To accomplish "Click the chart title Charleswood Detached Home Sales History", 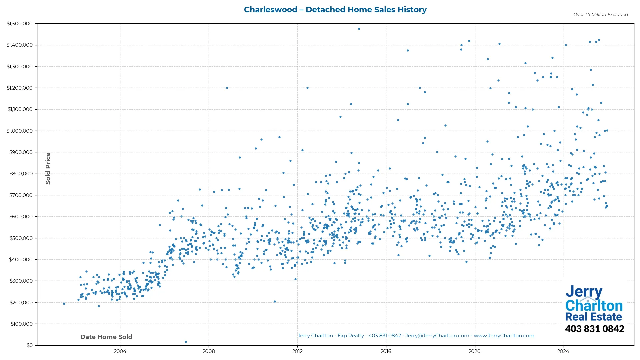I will pyautogui.click(x=335, y=10).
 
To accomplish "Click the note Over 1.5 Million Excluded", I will pyautogui.click(x=600, y=15).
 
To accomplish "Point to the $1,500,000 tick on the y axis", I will pyautogui.click(x=20, y=24).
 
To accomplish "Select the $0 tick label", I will pyautogui.click(x=29, y=345).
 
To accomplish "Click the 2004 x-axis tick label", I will pyautogui.click(x=120, y=351).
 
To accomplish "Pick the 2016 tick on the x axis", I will pyautogui.click(x=386, y=351).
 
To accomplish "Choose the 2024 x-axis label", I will pyautogui.click(x=563, y=351).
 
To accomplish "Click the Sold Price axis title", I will pyautogui.click(x=48, y=168).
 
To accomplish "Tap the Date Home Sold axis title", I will pyautogui.click(x=106, y=337).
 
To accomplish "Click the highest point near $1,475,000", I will pyautogui.click(x=359, y=29).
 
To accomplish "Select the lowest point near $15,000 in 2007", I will pyautogui.click(x=186, y=342).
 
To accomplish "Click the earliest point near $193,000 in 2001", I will pyautogui.click(x=64, y=304).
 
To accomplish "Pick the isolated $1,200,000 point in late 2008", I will pyautogui.click(x=227, y=88).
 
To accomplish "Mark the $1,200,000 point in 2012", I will pyautogui.click(x=307, y=88).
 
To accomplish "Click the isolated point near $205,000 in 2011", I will pyautogui.click(x=275, y=301).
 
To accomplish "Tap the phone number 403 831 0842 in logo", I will pyautogui.click(x=594, y=329).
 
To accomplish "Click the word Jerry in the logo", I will pyautogui.click(x=584, y=292).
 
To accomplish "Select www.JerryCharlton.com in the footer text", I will pyautogui.click(x=504, y=336).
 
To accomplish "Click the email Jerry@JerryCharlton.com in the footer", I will pyautogui.click(x=437, y=336).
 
